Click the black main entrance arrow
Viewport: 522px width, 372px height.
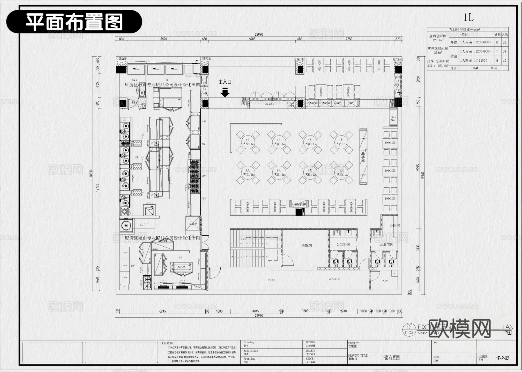click(x=225, y=92)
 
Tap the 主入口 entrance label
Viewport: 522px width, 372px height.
click(x=225, y=82)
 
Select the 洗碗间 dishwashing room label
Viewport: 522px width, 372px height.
click(x=307, y=245)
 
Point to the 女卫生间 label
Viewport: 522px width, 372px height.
click(x=343, y=245)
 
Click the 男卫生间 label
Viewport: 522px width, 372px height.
click(x=386, y=245)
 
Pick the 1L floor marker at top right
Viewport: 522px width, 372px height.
click(x=468, y=18)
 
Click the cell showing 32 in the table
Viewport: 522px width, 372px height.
click(x=505, y=61)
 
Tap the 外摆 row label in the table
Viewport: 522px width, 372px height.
click(x=454, y=42)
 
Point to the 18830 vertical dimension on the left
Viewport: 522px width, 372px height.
click(x=91, y=173)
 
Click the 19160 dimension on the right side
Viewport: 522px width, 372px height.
click(x=423, y=175)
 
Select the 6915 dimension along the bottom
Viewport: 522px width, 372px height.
click(x=162, y=311)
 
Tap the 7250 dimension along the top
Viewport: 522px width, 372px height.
click(x=349, y=39)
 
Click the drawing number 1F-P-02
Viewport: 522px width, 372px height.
click(x=502, y=358)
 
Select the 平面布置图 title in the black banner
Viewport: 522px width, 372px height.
click(x=74, y=22)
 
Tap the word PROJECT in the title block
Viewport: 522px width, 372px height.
click(x=354, y=343)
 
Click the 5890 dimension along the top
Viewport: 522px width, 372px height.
click(x=164, y=39)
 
